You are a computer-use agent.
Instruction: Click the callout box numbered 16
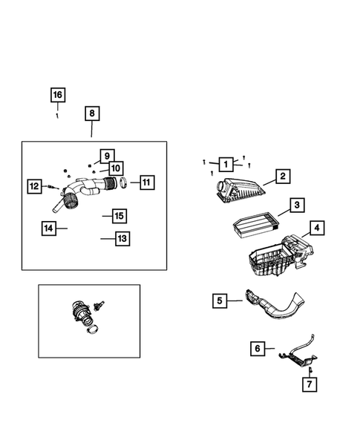tap(57, 95)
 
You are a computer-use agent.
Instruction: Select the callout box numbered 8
tap(91, 114)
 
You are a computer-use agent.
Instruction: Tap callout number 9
tap(106, 156)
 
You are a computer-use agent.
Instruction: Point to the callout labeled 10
tap(116, 168)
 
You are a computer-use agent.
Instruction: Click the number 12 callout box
tap(35, 186)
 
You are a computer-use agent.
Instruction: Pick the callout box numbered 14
tap(49, 228)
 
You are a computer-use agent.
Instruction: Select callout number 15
tap(118, 216)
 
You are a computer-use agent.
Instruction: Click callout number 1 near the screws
tap(224, 162)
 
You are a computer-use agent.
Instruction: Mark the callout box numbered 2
tap(282, 177)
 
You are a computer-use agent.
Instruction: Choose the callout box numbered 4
tap(315, 228)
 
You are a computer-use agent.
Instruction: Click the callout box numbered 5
tap(219, 300)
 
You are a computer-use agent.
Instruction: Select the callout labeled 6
tap(257, 348)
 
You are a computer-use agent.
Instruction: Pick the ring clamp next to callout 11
tap(125, 183)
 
